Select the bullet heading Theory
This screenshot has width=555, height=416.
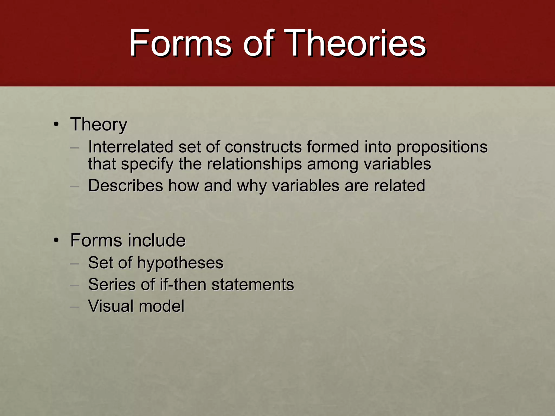pyautogui.click(x=99, y=125)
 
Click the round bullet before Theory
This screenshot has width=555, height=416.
pyautogui.click(x=56, y=125)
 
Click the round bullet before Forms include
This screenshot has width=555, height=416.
pyautogui.click(x=56, y=240)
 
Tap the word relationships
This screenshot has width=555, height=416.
pyautogui.click(x=254, y=164)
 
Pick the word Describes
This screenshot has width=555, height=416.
pyautogui.click(x=125, y=186)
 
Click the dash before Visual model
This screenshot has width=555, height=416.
pyautogui.click(x=74, y=307)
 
